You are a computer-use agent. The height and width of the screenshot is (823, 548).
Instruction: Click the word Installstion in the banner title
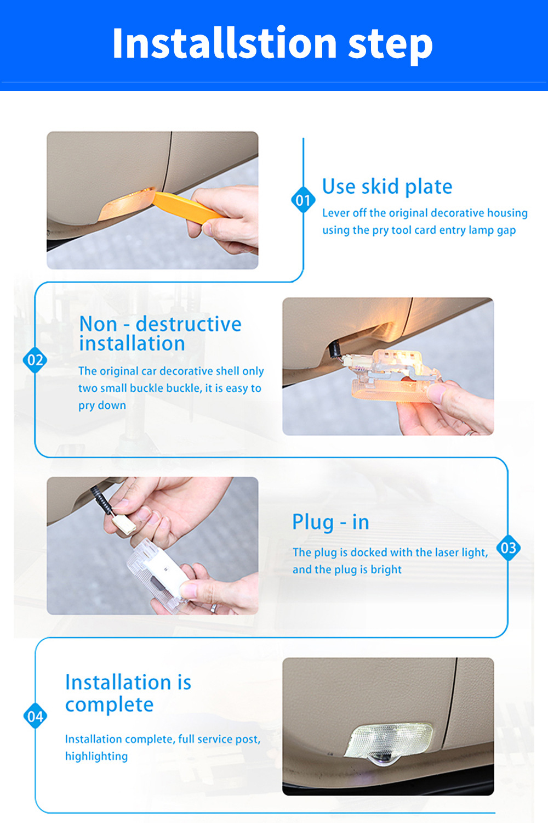[x=224, y=43]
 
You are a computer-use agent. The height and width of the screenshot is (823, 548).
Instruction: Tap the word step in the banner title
[x=390, y=46]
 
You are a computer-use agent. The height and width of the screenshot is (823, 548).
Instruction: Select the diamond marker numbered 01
[x=303, y=200]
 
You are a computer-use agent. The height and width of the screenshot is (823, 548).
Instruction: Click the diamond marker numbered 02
[x=35, y=360]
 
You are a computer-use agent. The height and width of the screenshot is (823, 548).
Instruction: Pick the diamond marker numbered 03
[x=509, y=548]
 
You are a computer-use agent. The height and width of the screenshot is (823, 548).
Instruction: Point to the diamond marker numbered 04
[x=35, y=716]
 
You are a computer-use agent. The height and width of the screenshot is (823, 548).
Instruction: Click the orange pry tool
[x=188, y=207]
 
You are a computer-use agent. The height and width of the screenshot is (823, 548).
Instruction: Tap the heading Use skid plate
[x=387, y=187]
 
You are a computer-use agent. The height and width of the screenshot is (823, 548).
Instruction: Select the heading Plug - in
[x=330, y=522]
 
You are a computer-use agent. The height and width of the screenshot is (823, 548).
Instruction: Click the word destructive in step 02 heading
[x=189, y=324]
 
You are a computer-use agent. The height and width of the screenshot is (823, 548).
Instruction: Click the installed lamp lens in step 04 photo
[x=389, y=740]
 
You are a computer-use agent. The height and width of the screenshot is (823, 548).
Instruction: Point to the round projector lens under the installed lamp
[x=382, y=760]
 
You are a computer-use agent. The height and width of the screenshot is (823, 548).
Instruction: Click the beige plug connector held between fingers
[x=124, y=524]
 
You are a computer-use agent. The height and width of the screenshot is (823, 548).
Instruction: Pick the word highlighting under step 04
[x=96, y=757]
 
